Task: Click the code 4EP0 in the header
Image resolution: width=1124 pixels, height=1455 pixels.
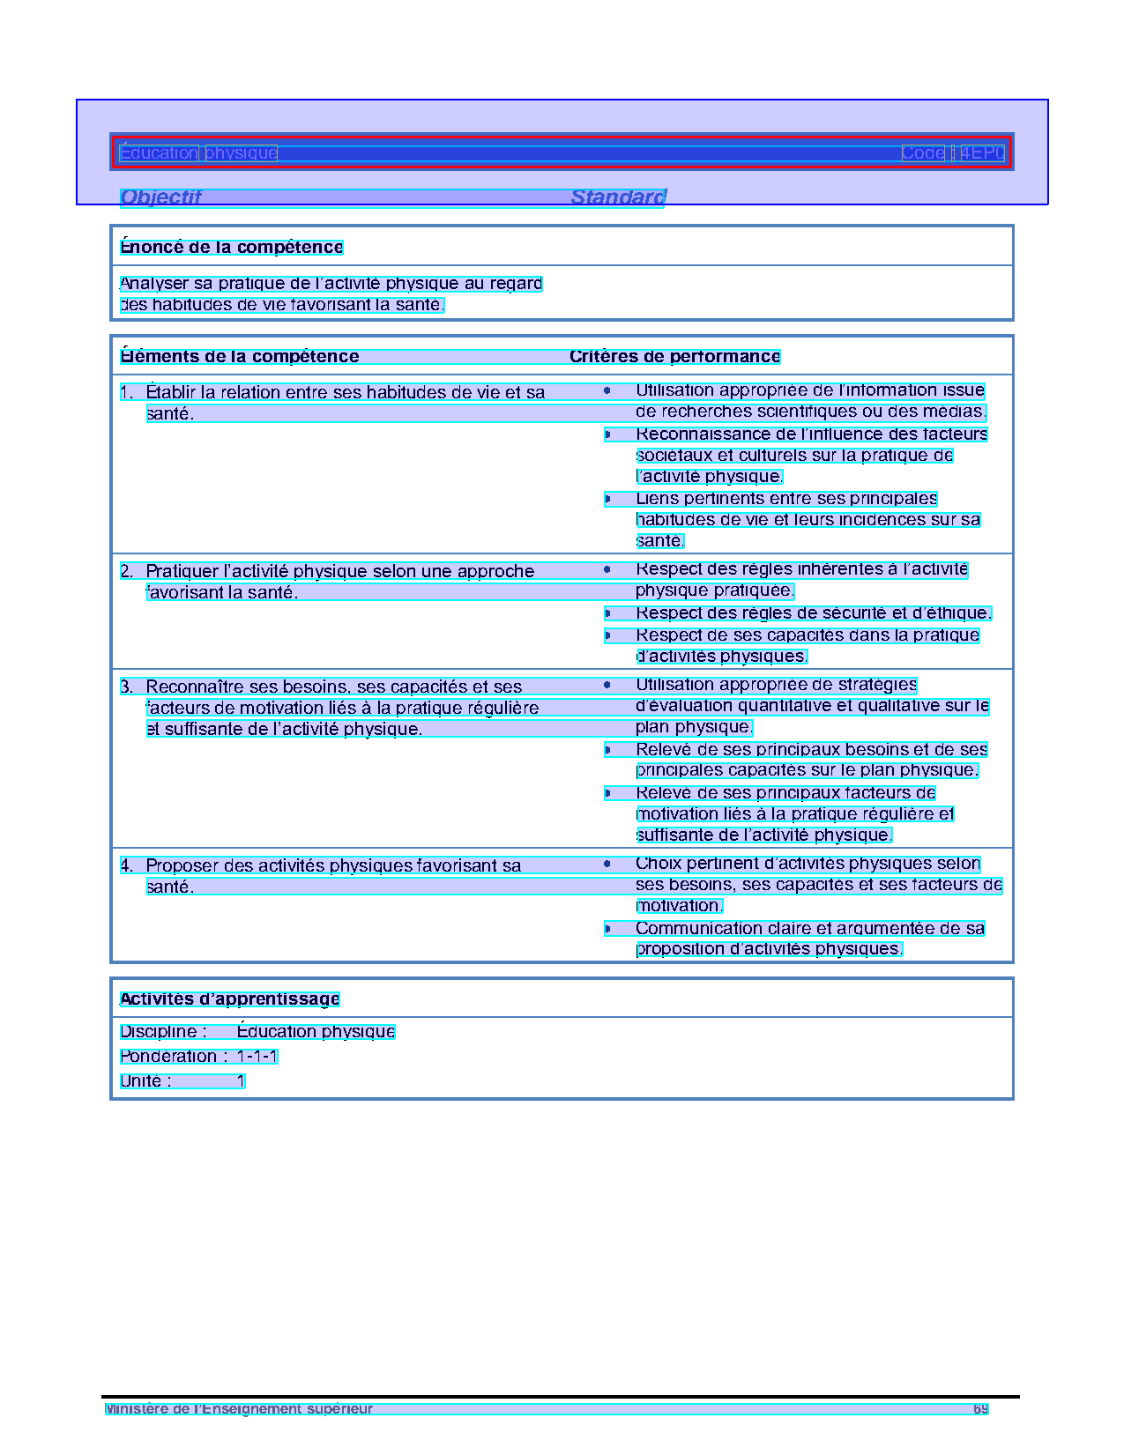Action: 982,153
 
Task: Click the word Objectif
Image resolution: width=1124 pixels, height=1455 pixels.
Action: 160,197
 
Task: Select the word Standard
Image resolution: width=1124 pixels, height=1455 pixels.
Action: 618,197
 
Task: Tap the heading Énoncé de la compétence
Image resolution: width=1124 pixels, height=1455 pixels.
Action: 231,248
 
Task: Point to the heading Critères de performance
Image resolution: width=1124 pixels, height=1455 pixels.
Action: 674,357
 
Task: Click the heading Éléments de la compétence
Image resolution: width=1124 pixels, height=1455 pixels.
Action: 240,357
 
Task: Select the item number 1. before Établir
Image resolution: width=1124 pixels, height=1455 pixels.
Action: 127,393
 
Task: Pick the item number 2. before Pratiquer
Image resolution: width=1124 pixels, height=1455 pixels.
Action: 127,572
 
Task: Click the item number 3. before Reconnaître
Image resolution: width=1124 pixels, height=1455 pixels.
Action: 127,687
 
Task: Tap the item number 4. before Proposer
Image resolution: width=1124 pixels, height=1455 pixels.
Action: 127,866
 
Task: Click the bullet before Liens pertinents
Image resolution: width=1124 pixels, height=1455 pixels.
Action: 607,500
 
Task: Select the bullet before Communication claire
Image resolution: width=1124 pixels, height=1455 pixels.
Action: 607,929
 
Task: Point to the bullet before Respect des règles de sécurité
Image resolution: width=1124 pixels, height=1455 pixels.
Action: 607,613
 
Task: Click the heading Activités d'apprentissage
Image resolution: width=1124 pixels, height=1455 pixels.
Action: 229,999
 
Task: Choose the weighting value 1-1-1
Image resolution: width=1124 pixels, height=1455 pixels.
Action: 257,1057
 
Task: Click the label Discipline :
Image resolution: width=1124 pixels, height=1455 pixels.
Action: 163,1032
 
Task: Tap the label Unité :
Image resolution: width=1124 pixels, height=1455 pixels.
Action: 145,1081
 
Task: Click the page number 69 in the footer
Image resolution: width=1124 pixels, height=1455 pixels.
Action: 980,1409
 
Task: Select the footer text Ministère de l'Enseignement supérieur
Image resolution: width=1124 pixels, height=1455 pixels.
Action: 239,1409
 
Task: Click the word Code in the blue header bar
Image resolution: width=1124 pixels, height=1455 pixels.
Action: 922,153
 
